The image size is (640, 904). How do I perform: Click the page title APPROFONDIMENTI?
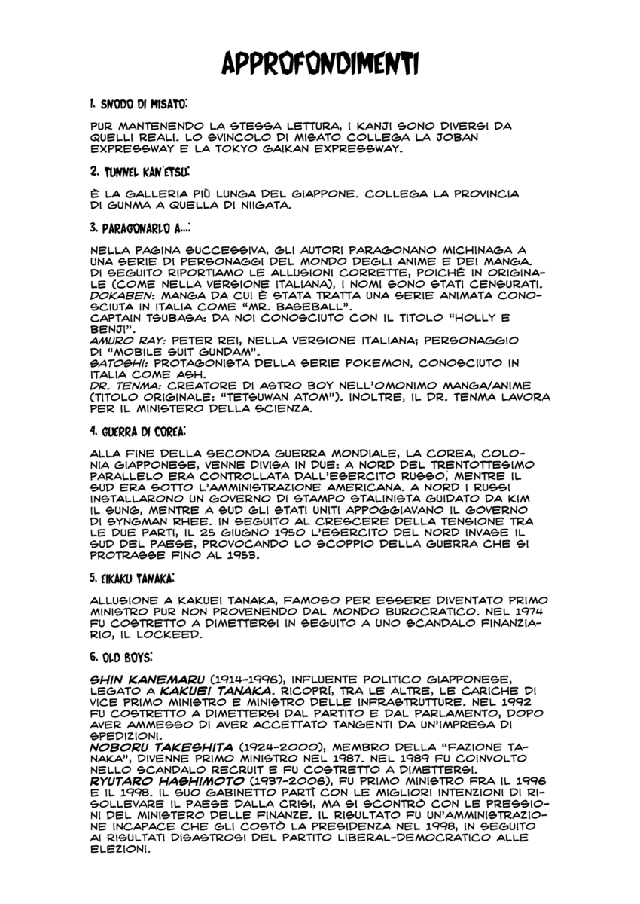coord(320,64)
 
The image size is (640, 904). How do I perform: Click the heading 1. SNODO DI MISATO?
coord(138,101)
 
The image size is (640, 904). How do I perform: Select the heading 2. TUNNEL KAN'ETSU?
coord(139,172)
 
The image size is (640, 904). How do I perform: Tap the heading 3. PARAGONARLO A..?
coord(139,226)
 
